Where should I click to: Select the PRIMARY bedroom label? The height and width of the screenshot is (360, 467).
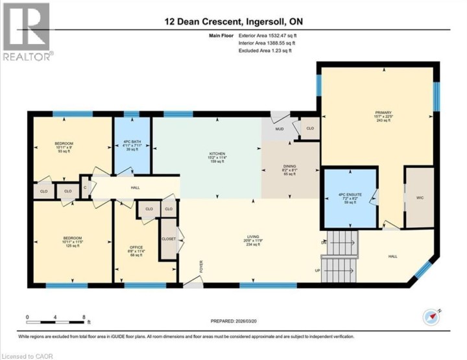coord(383,112)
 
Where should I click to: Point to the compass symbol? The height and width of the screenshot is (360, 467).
coord(431,316)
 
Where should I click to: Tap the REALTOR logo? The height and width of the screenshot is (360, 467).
coord(27,32)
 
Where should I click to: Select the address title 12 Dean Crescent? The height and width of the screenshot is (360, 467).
coord(233,22)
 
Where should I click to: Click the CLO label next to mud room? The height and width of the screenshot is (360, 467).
coord(309,128)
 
